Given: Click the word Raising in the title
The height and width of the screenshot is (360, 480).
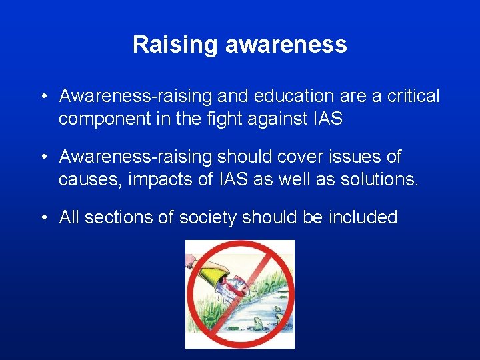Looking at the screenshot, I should [x=175, y=45].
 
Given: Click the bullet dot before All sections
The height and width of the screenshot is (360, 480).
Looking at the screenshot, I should [x=43, y=217].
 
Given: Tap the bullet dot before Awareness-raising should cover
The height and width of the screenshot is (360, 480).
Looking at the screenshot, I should [x=43, y=157].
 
